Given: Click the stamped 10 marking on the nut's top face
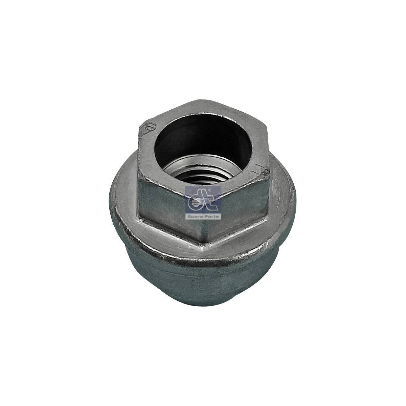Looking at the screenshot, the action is click(150, 127).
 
